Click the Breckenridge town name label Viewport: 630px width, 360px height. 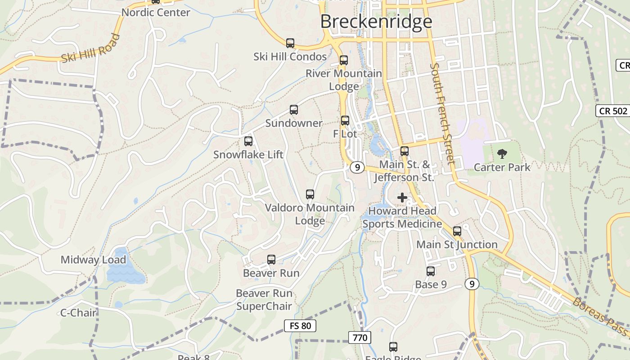376,22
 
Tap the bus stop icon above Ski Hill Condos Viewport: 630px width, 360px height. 290,43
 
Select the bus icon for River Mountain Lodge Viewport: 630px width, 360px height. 344,60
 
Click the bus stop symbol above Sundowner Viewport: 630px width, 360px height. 294,109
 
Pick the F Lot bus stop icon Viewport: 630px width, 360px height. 345,120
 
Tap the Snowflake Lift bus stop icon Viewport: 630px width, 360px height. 248,141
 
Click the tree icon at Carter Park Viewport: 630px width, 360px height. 502,154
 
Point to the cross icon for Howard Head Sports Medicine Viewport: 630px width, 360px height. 402,198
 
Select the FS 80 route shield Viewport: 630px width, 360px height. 300,326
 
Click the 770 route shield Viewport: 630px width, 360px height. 360,337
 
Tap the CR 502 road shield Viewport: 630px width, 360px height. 613,111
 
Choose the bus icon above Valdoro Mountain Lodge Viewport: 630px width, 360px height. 310,194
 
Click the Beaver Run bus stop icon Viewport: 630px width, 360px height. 271,260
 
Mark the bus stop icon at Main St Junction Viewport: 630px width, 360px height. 457,231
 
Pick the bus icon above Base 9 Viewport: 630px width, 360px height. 431,271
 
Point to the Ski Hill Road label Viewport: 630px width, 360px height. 90,48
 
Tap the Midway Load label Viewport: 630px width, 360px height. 93,260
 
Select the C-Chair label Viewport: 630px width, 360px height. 78,312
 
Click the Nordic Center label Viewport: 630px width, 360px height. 156,13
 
